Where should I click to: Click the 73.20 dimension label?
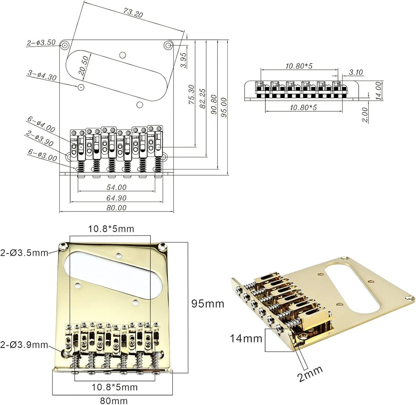pos(132,13)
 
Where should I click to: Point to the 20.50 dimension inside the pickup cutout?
pos(84,65)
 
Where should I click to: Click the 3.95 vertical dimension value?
pos(183,60)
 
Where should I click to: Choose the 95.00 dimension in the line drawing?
pos(224,107)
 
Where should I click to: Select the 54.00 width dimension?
pos(116,188)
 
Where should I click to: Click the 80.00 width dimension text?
pos(116,208)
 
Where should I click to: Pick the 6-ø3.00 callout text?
pos(43,155)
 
